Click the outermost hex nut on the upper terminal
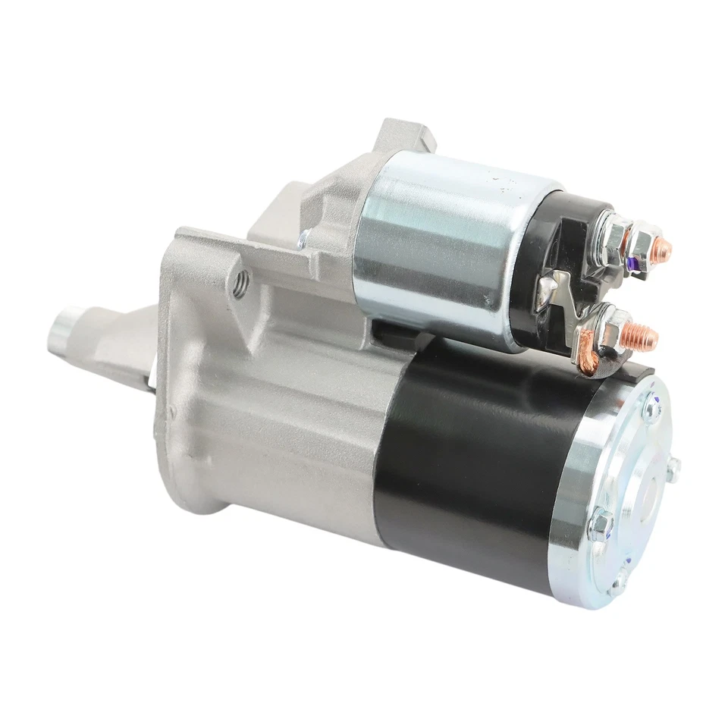(645, 240)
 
